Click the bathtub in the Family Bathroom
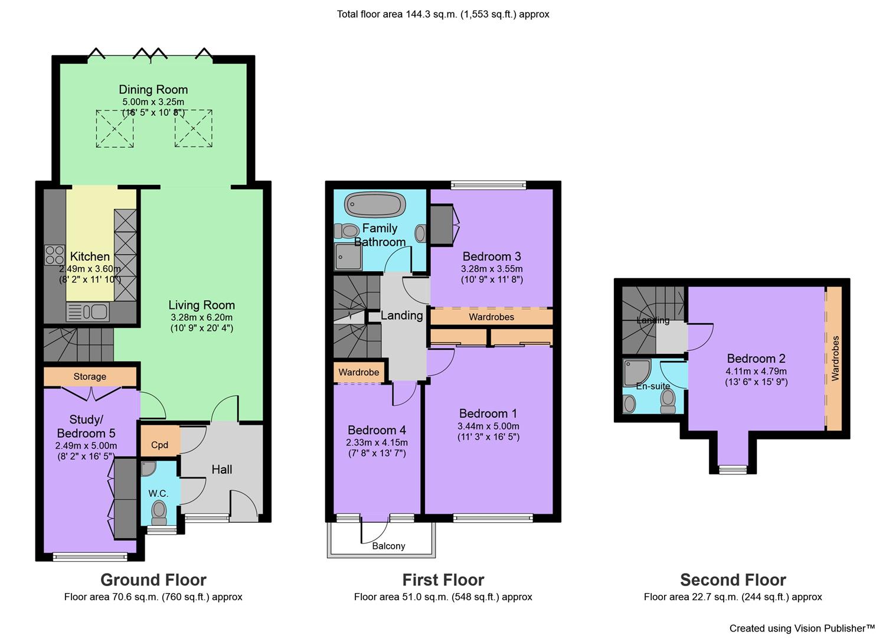click(x=375, y=204)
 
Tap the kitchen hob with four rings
click(x=54, y=255)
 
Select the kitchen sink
click(x=87, y=312)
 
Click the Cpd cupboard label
click(x=160, y=445)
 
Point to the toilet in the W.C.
click(x=159, y=512)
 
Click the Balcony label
click(x=388, y=546)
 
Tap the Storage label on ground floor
click(x=90, y=376)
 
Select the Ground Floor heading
click(x=153, y=580)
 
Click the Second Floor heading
click(x=733, y=580)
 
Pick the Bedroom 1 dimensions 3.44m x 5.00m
click(x=488, y=427)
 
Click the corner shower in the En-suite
click(x=637, y=372)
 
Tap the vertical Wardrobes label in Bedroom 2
click(x=835, y=359)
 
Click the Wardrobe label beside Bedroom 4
click(x=359, y=372)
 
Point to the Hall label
click(x=221, y=470)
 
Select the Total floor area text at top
click(x=443, y=14)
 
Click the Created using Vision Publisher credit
click(x=802, y=628)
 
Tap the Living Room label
click(x=202, y=305)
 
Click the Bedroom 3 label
click(x=492, y=256)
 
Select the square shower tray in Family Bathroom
click(x=348, y=256)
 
